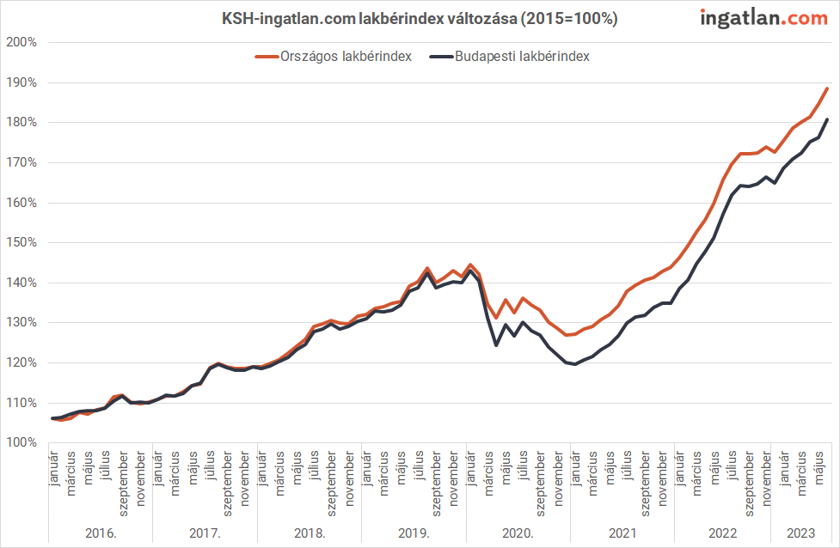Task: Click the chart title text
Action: (x=420, y=18)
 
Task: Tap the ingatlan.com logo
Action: (x=763, y=17)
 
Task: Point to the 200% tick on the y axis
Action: (x=21, y=42)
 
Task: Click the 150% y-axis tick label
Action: (x=21, y=242)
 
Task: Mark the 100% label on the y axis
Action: (x=21, y=442)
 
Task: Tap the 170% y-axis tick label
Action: (x=21, y=162)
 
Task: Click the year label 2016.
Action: (x=101, y=533)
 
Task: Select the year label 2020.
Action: (x=518, y=533)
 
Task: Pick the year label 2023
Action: (x=800, y=533)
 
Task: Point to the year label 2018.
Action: (x=310, y=533)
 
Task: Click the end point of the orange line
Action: (x=827, y=88)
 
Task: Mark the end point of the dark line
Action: (x=827, y=119)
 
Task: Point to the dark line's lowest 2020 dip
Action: (x=496, y=345)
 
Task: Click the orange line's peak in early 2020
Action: (x=470, y=265)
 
